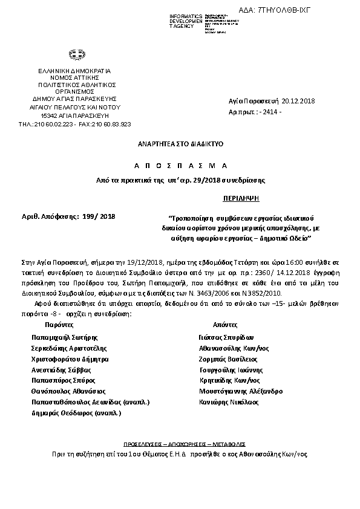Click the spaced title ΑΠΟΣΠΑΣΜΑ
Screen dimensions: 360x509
[180, 165]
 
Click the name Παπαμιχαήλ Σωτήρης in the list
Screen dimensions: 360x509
[65, 337]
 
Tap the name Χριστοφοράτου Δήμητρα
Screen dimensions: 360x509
[70, 358]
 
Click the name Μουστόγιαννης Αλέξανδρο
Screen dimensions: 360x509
[240, 391]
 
